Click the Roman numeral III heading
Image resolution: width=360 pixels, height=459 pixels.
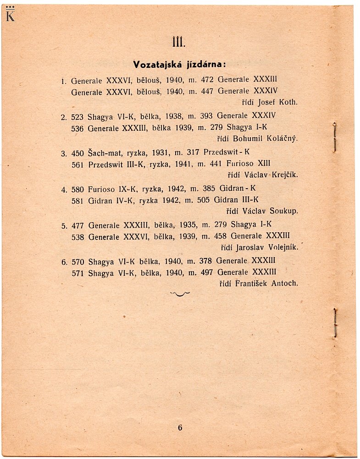(x=178, y=42)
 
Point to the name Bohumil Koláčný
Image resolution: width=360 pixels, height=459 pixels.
(x=266, y=138)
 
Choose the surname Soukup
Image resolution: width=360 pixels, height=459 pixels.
(x=284, y=211)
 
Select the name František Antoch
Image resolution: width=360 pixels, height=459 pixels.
(x=266, y=284)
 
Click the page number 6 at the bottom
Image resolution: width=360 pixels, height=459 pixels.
(x=180, y=427)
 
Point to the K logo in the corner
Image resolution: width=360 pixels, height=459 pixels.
(x=10, y=15)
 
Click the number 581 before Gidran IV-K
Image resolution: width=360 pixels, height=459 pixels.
(x=78, y=200)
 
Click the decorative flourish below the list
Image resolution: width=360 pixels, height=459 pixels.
(x=180, y=294)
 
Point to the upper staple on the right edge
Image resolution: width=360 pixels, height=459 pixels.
(x=335, y=136)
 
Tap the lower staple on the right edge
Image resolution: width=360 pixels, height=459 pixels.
(x=335, y=322)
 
